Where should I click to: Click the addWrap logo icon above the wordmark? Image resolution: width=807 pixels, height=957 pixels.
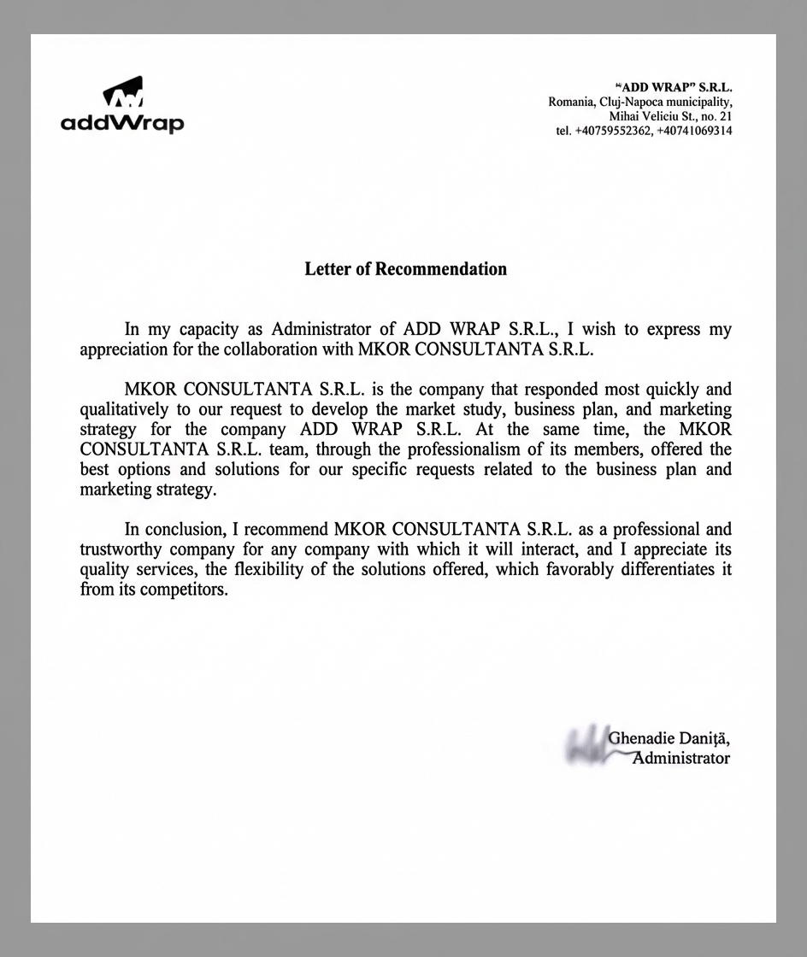coord(122,93)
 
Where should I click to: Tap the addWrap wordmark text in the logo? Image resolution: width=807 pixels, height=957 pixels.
coord(122,124)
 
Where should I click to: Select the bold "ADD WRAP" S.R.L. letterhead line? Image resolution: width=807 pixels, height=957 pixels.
coord(674,87)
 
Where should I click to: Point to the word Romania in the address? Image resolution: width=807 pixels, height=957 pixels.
coord(571,102)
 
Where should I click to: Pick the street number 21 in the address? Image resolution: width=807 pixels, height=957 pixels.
coord(725,116)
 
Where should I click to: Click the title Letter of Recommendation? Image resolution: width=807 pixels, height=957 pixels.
coord(405,269)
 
